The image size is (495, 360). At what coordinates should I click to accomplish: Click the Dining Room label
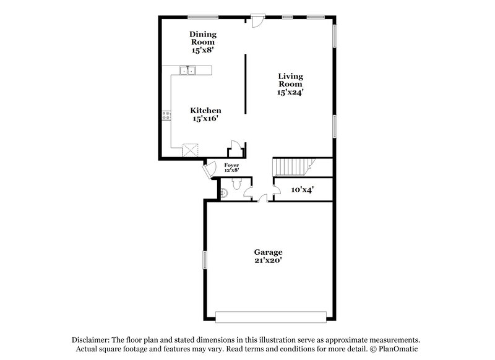point(203,38)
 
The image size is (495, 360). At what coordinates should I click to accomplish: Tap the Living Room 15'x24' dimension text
point(290,92)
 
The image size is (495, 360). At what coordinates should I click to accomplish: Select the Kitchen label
point(205,111)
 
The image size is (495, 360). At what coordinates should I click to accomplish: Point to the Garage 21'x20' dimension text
point(268,260)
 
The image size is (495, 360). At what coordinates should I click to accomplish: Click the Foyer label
point(231,165)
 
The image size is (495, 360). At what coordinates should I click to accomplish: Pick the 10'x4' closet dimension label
point(302,190)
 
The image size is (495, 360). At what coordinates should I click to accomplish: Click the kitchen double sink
point(187,71)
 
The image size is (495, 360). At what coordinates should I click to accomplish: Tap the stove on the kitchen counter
point(166,116)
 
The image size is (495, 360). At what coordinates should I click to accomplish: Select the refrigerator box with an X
point(191,150)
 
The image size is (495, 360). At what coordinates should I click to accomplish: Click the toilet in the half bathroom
point(237,184)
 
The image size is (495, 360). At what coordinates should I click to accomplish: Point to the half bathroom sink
point(223,192)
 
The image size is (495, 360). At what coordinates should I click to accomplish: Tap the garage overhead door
point(270,317)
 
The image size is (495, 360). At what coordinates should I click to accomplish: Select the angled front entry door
point(209,170)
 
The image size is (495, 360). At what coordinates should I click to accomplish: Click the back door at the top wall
point(258,21)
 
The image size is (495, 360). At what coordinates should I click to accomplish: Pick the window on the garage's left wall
point(205,260)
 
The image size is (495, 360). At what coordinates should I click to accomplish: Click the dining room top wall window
point(203,17)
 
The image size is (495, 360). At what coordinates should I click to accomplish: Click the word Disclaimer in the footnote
point(90,340)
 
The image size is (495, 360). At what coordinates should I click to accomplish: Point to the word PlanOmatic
point(398,349)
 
